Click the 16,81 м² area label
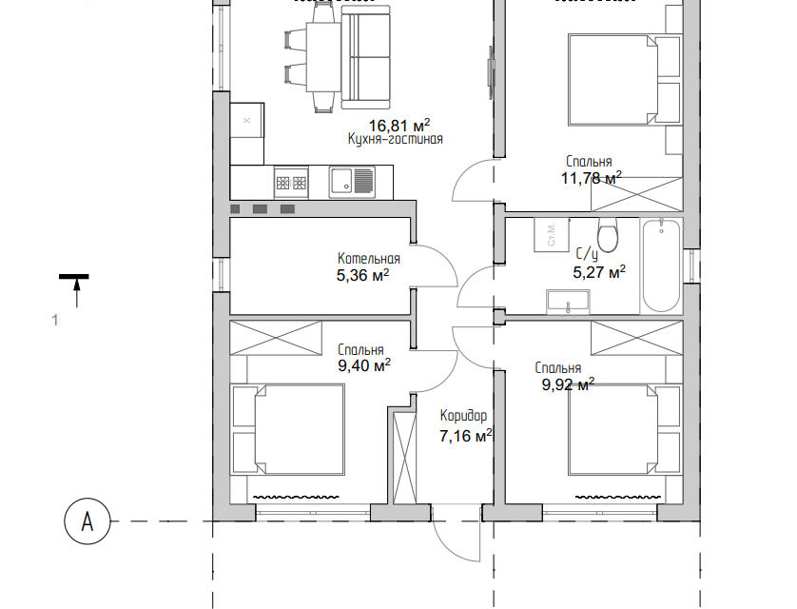point(399,125)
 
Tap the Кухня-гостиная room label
point(395,139)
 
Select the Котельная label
point(368,259)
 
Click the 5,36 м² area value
point(363,275)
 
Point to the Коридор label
point(463,416)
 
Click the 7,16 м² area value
point(466,436)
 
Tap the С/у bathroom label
point(587,254)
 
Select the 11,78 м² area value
point(592,178)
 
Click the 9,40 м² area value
point(364,365)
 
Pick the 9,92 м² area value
point(568,384)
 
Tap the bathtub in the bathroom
point(661,265)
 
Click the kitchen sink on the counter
point(352,182)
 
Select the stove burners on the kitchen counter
point(291,182)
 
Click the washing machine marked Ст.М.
point(552,234)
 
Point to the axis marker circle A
point(87,521)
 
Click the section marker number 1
point(55,321)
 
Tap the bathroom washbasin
point(569,302)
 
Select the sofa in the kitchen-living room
point(365,57)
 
